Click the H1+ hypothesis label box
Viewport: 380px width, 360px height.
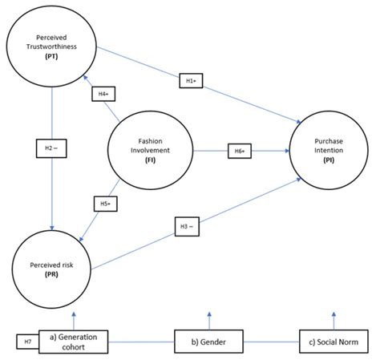click(191, 80)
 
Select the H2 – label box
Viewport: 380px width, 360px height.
click(50, 148)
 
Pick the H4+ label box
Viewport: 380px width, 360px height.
click(103, 94)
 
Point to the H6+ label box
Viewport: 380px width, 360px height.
click(240, 150)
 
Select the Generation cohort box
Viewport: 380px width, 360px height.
click(78, 342)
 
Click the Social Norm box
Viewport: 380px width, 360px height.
click(329, 342)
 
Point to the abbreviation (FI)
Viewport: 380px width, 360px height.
click(151, 160)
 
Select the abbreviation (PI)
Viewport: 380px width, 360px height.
click(328, 160)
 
